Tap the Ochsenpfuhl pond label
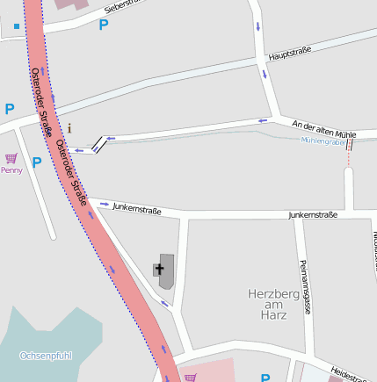46,356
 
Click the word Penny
11,170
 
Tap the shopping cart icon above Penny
11,158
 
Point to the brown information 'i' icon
70,128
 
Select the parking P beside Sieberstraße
104,25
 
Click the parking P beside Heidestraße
265,378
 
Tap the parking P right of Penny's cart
37,162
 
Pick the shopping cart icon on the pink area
191,378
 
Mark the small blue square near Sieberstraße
17,26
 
